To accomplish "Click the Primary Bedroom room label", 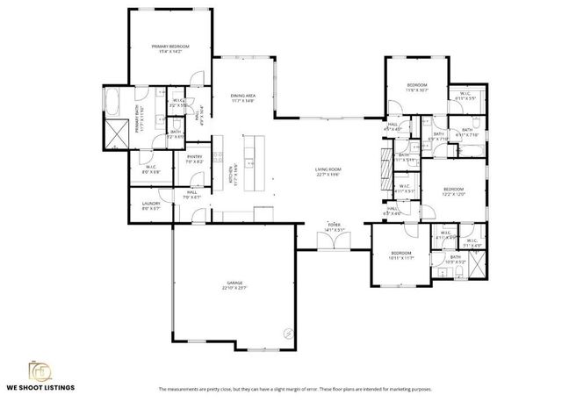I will point(170,49).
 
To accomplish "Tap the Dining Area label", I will point(242,97).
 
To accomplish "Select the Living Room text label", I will point(328,172).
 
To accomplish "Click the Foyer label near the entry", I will point(334,227).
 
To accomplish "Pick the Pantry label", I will point(194,159).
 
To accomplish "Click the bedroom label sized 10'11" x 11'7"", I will point(400,256).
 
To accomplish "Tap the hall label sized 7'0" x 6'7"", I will point(191,195).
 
